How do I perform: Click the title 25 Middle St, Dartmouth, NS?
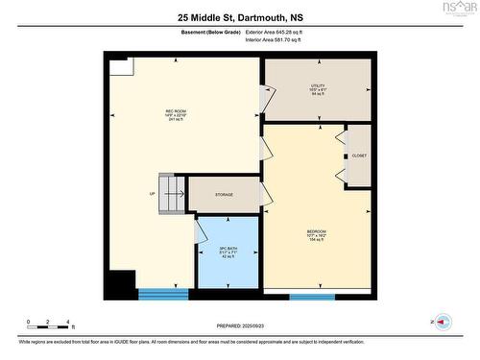pyautogui.click(x=240, y=16)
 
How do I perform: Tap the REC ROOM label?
pyautogui.click(x=175, y=113)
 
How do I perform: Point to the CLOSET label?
pyautogui.click(x=359, y=156)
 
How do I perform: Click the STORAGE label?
pyautogui.click(x=224, y=195)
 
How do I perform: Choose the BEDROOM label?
pyautogui.click(x=316, y=232)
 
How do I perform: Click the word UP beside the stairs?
pyautogui.click(x=152, y=194)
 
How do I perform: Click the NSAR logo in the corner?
pyautogui.click(x=458, y=8)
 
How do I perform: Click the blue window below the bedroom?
pyautogui.click(x=311, y=296)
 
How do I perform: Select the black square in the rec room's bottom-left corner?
pyautogui.click(x=120, y=285)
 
